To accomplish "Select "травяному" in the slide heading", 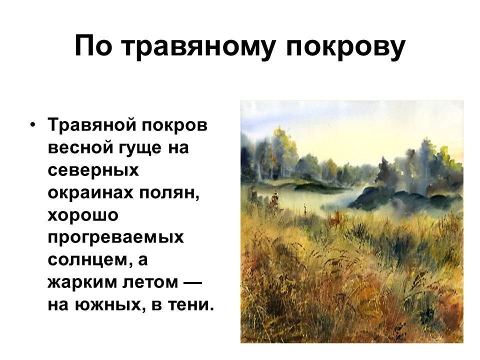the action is click(198, 49).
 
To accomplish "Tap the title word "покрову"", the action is click(345, 49).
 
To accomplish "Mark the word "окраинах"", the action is click(90, 192).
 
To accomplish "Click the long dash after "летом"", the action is click(193, 282).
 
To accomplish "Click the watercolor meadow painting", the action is click(351, 221).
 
